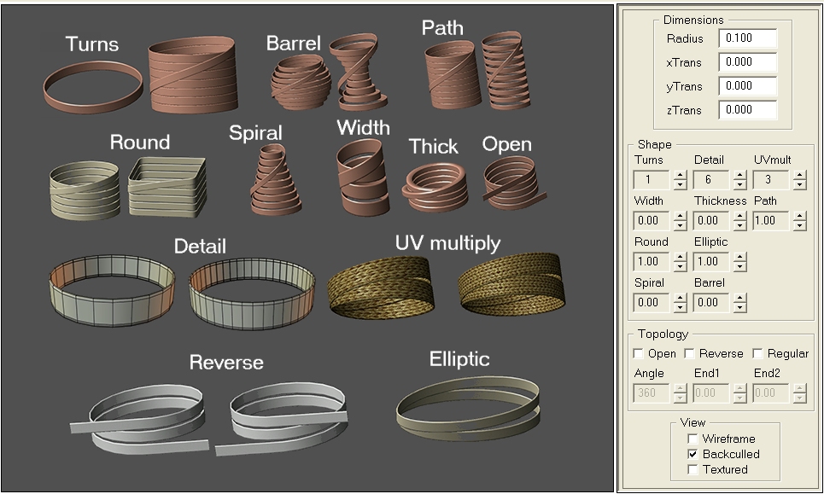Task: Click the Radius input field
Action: (747, 38)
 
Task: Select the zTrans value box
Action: (747, 110)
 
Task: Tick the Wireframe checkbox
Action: (693, 439)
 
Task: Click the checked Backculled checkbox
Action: (693, 454)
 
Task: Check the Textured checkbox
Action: (693, 469)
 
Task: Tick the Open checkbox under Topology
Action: (639, 353)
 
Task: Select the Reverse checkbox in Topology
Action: (689, 353)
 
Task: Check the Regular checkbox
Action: (757, 353)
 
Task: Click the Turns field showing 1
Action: (652, 179)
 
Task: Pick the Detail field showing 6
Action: (711, 179)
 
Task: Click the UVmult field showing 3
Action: (771, 179)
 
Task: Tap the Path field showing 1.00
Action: (771, 220)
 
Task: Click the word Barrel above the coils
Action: (293, 43)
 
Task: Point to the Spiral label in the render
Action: (255, 133)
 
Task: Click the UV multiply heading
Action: (447, 243)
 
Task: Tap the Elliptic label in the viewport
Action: (459, 359)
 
